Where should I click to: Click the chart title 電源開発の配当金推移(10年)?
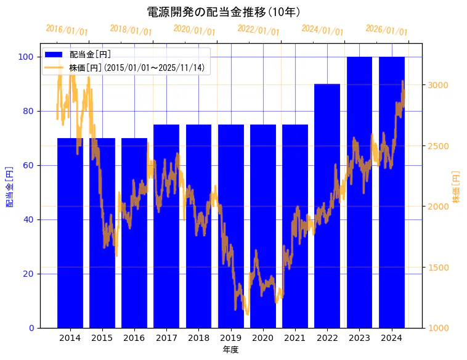point(223,12)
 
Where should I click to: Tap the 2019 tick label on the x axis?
point(230,338)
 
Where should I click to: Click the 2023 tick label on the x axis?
point(359,338)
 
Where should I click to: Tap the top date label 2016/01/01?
point(67,30)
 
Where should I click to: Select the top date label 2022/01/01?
point(259,30)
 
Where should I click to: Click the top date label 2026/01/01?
point(386,30)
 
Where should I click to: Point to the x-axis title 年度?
point(230,350)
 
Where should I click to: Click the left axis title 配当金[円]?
point(9,186)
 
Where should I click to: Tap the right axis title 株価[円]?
point(457,186)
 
